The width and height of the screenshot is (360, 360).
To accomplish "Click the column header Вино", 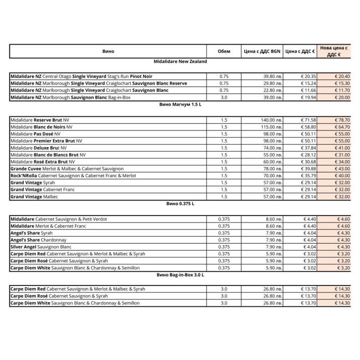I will point(108,51).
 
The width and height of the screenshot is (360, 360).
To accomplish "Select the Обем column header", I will point(224,51).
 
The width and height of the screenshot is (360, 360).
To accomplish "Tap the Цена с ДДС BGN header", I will point(262,51).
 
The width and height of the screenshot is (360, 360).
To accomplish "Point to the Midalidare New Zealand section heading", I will point(180,61).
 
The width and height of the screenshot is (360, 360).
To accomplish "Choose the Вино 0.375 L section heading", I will point(180,204).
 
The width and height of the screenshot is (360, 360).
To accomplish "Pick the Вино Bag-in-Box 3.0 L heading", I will point(180,275).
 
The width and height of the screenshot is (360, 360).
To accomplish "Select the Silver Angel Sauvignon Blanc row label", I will point(41,247).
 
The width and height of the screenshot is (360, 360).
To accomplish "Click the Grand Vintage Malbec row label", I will point(34,197).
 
